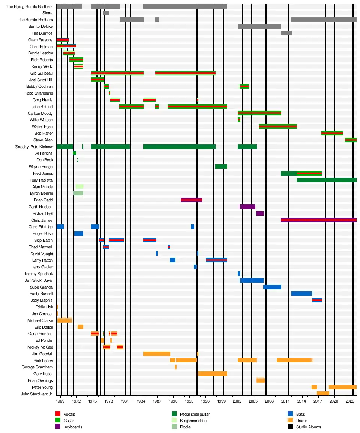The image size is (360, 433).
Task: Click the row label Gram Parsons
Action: [40, 40]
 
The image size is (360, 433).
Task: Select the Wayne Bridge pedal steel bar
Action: [221, 167]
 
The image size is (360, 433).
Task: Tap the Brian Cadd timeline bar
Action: [191, 200]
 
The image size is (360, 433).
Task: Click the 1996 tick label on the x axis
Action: [205, 401]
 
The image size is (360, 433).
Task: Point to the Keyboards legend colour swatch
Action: [58, 427]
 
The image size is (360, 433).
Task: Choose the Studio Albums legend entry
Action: [308, 427]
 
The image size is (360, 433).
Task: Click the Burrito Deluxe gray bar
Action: [259, 26]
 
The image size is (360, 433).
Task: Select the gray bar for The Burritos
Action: [286, 33]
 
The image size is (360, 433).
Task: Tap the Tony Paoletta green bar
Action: [326, 180]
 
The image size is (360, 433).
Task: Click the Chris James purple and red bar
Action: [318, 220]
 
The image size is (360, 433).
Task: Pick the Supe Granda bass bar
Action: [272, 287]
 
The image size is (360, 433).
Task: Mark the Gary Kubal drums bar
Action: [212, 374]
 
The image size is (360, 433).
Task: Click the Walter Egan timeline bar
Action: [278, 126]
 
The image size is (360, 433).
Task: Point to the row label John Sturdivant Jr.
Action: [37, 394]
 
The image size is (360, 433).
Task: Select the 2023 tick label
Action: [350, 401]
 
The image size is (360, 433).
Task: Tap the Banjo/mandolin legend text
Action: [193, 421]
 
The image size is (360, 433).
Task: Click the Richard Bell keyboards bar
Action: [260, 213]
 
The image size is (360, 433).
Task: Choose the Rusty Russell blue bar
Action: [301, 293]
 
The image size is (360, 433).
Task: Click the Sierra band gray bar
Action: [106, 13]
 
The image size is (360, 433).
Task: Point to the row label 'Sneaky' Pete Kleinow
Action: [34, 147]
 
